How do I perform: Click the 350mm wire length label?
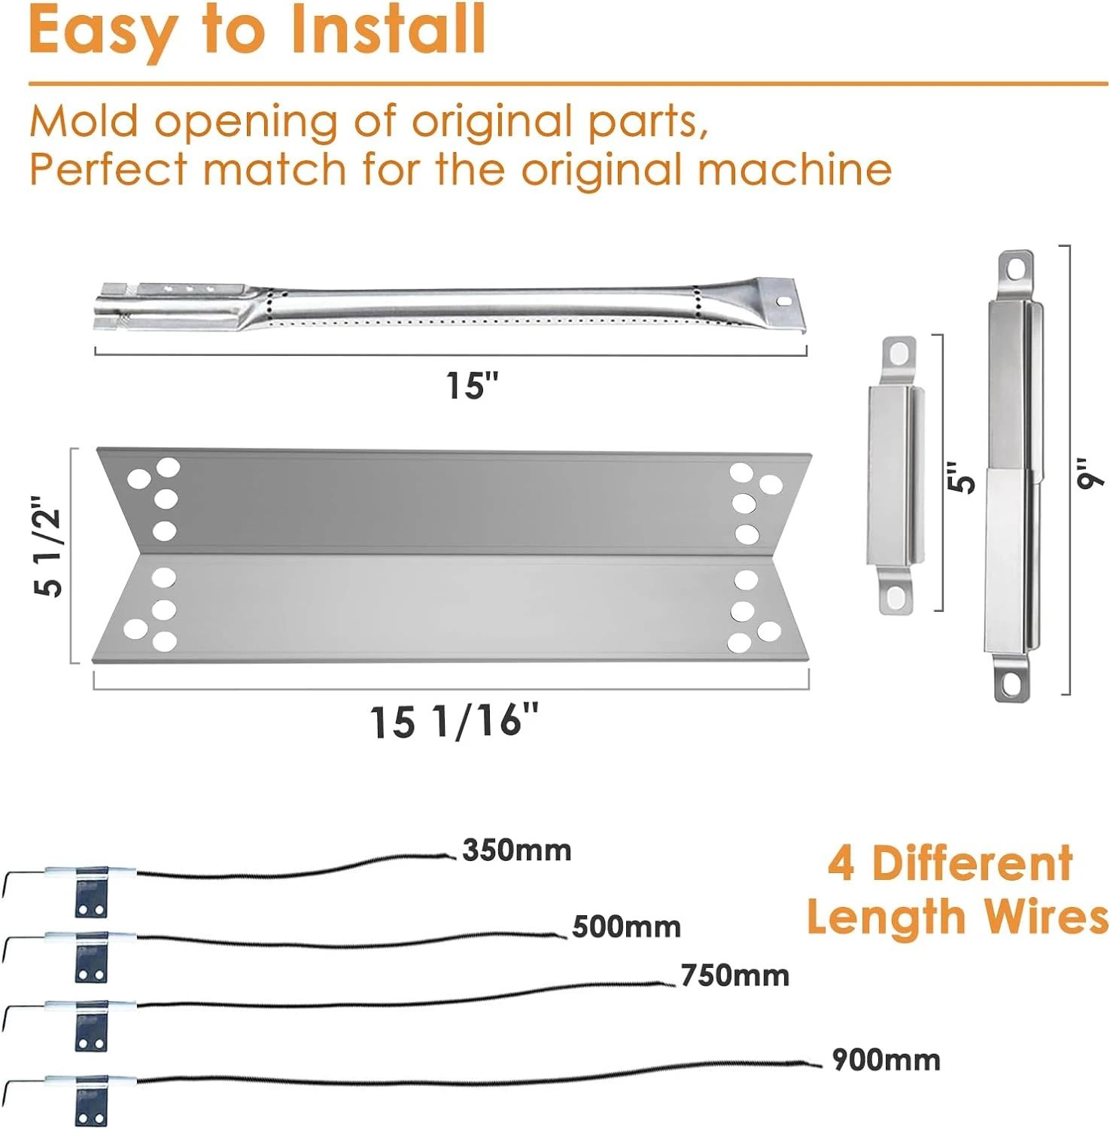[517, 851]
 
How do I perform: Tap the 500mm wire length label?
[627, 927]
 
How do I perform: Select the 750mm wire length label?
[735, 975]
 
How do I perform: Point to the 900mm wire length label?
[886, 1060]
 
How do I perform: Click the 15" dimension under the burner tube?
[473, 385]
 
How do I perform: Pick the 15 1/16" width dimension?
[455, 720]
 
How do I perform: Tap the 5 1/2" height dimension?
[49, 546]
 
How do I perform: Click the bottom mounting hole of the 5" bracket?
[896, 598]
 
